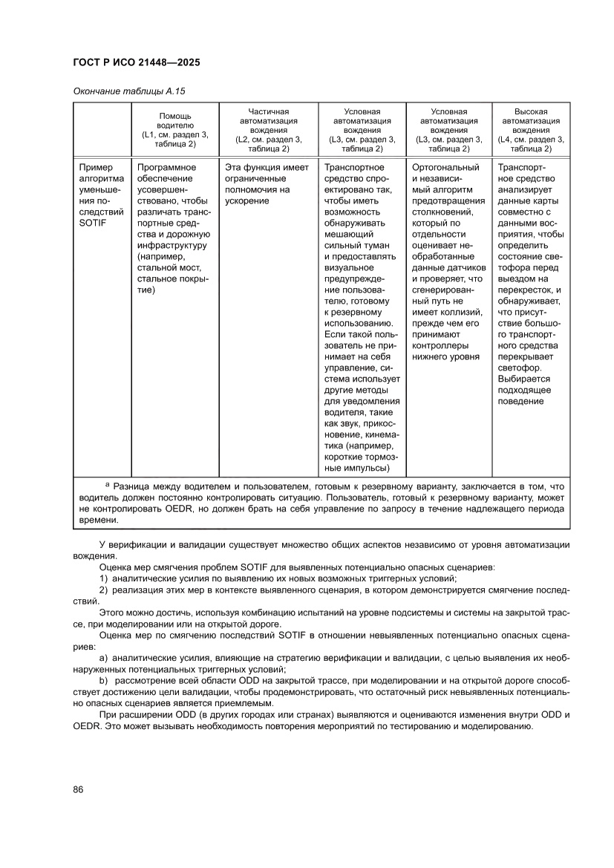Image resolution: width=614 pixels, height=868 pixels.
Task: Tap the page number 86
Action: tap(78, 789)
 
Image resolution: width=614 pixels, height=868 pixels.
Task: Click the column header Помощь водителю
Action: tap(175, 121)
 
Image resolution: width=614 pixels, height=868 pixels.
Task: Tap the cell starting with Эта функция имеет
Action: tap(267, 184)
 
